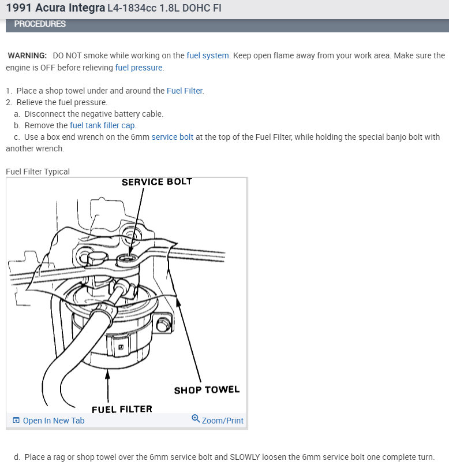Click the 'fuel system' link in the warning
(x=208, y=55)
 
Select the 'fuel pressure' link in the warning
(x=139, y=68)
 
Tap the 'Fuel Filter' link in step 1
(x=185, y=91)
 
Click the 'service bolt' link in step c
(x=172, y=137)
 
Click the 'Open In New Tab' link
(x=53, y=421)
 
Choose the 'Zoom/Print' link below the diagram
(x=222, y=421)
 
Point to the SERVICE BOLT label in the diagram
(x=156, y=182)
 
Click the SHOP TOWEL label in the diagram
(x=207, y=390)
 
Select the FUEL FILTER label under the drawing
(x=122, y=409)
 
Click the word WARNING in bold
(x=27, y=55)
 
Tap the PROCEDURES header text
(x=40, y=24)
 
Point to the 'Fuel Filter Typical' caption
(x=38, y=172)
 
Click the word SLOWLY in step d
(x=245, y=457)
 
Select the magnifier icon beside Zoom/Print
(x=196, y=419)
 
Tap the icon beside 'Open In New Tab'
(x=16, y=421)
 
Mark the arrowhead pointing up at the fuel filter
(x=107, y=376)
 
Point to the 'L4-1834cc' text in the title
(x=128, y=9)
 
